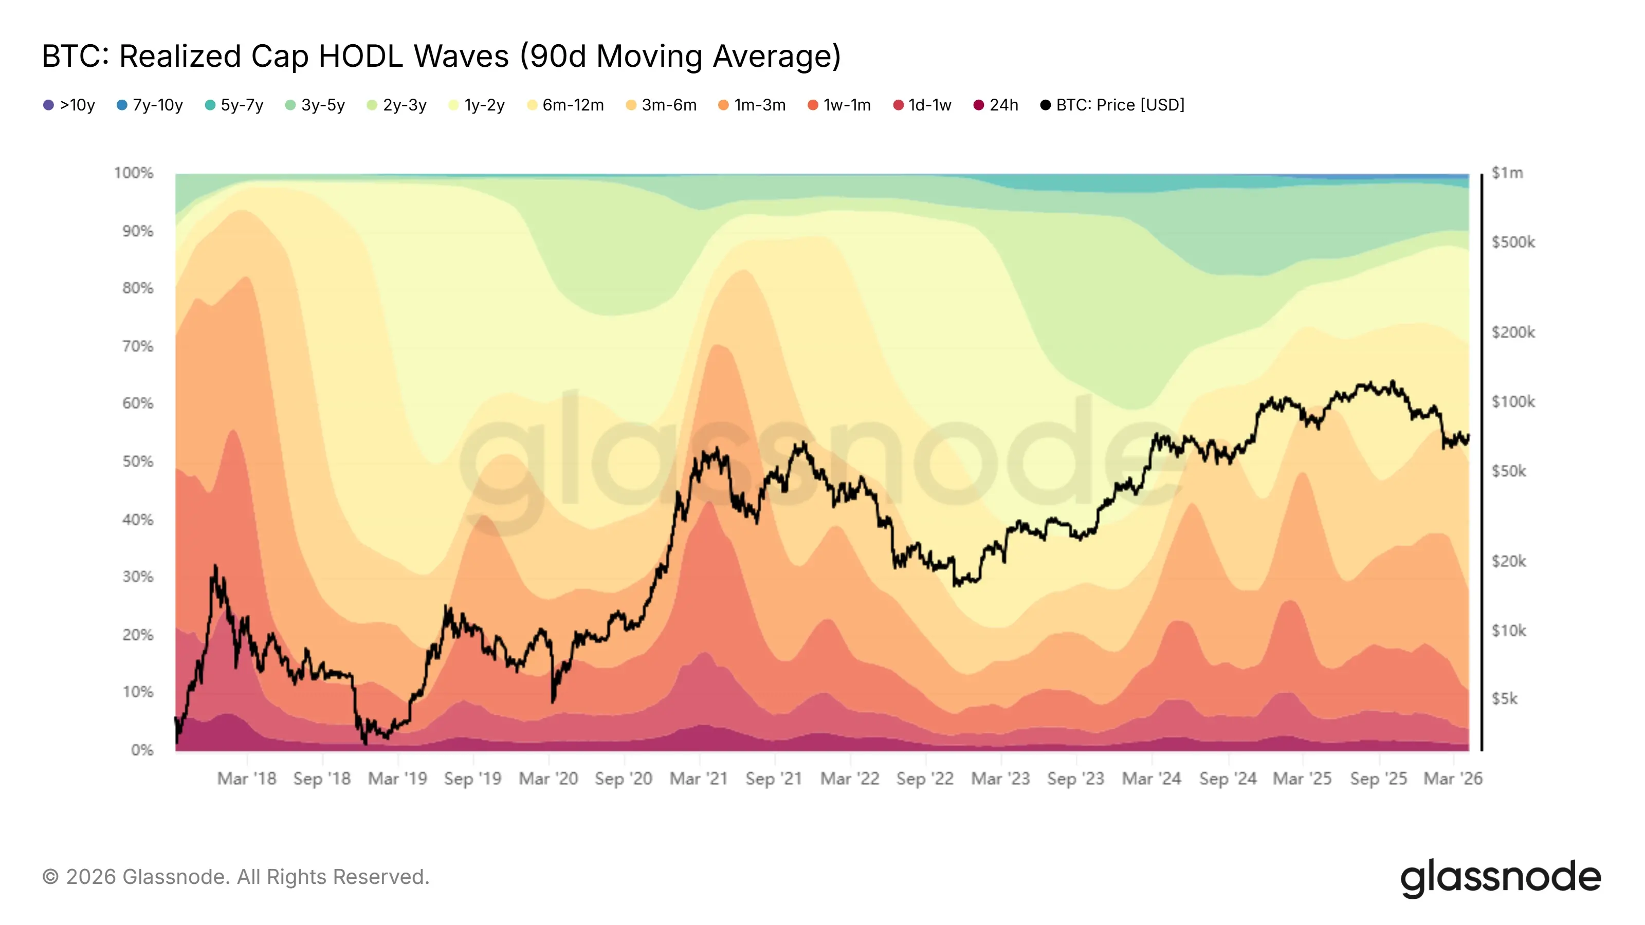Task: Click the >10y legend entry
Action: (x=69, y=105)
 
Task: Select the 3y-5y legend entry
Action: (x=316, y=105)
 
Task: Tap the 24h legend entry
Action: (x=996, y=105)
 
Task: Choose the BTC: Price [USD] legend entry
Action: (x=1112, y=105)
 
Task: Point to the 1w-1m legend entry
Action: (x=839, y=105)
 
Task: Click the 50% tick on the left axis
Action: (x=138, y=461)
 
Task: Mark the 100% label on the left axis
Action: (x=134, y=173)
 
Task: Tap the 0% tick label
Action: (x=142, y=750)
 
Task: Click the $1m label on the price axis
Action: (x=1507, y=173)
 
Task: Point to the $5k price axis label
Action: (x=1505, y=699)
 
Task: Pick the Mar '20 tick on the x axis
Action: (x=548, y=779)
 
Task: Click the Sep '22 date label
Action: (x=925, y=779)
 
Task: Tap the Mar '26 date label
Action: (x=1453, y=779)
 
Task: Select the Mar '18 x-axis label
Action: (x=247, y=779)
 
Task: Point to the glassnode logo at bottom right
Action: (x=1501, y=878)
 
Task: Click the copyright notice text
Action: (x=235, y=877)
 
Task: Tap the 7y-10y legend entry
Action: (x=150, y=105)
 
